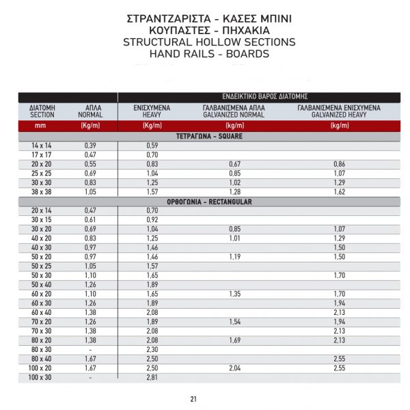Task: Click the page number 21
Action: [193, 399]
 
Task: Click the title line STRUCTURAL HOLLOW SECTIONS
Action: [209, 42]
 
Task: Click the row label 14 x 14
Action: [42, 146]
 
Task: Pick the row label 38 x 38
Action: [42, 193]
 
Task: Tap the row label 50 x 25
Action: [42, 266]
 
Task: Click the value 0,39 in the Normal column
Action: [90, 146]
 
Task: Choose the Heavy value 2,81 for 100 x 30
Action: [152, 377]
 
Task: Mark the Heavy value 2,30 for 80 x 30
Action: [152, 349]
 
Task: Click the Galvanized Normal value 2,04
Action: [234, 368]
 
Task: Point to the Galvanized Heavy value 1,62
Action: [340, 193]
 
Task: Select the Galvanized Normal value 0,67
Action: [234, 165]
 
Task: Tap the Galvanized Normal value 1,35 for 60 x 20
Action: [234, 294]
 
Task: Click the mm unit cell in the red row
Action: [42, 126]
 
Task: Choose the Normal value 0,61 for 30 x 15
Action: [90, 220]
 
